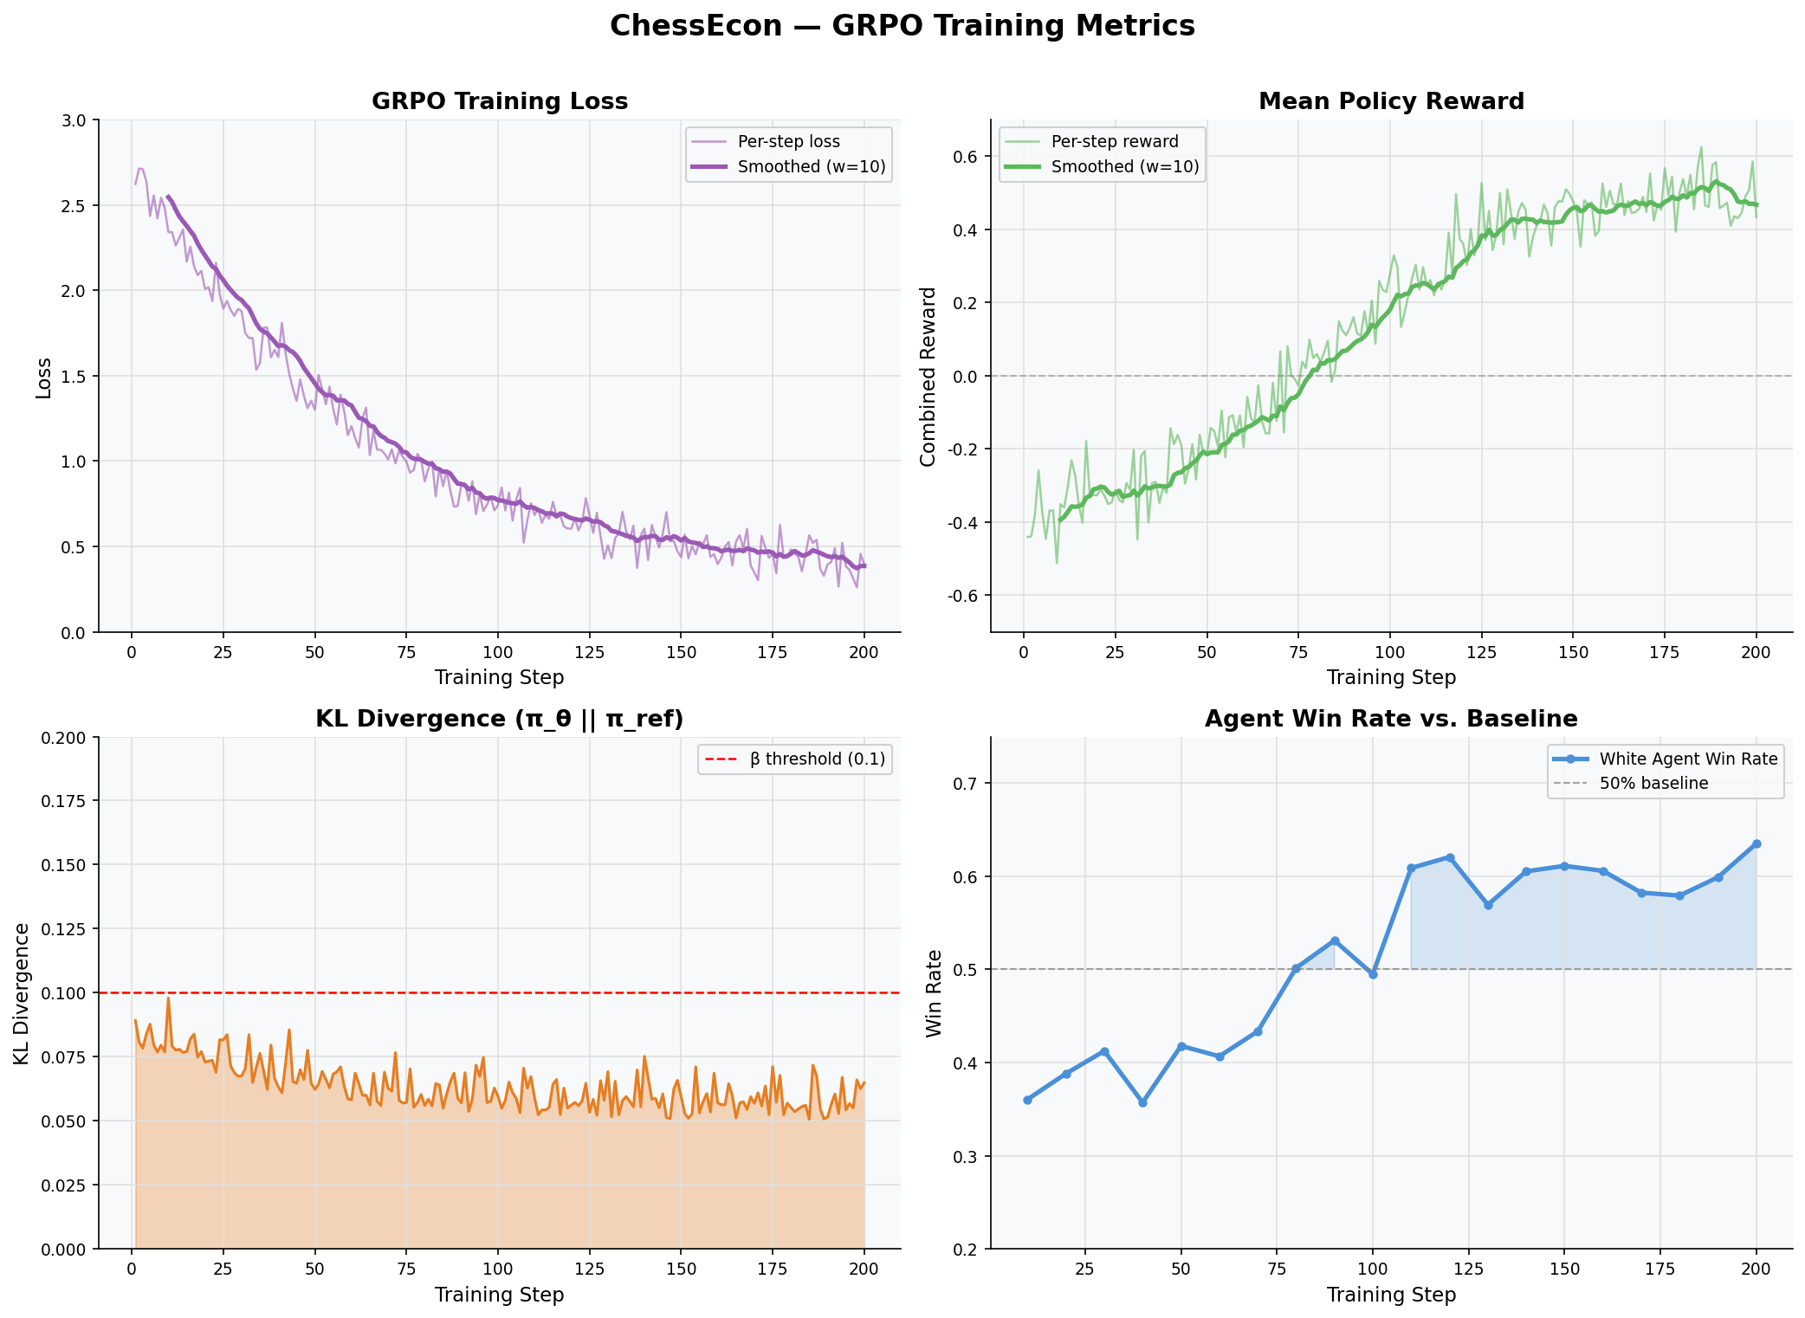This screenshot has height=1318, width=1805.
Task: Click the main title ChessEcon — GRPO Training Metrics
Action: (902, 26)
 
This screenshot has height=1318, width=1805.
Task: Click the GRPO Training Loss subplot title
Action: (500, 101)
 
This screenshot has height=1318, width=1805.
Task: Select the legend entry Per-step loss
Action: (788, 141)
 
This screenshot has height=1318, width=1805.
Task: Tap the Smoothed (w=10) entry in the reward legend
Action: (1124, 166)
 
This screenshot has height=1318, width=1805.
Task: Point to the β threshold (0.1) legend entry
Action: (817, 759)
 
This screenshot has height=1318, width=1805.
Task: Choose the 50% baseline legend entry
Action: (1653, 784)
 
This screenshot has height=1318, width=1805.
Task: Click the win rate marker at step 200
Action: (1756, 843)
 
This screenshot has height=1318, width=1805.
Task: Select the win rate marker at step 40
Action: (1142, 1102)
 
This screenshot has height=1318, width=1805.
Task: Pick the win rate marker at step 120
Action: (1450, 857)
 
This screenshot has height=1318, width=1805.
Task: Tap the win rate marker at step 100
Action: (1373, 974)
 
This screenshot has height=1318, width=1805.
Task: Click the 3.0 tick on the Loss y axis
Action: (75, 120)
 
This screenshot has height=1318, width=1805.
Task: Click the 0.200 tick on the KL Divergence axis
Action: (64, 738)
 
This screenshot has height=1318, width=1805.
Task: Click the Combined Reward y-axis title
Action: (928, 377)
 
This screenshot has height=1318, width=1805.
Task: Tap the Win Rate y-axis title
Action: (934, 993)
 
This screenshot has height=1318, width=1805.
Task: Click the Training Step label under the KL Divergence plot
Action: (499, 1295)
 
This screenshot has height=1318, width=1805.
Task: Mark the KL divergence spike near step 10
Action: (168, 998)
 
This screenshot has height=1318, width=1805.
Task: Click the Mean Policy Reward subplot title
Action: (1391, 101)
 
